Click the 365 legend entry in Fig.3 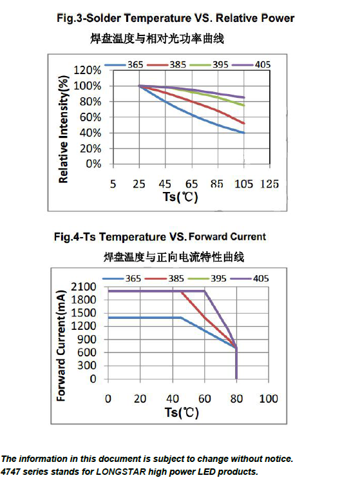(124, 64)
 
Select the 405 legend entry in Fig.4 (249, 278)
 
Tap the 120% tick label (88, 70)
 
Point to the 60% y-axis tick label (90, 117)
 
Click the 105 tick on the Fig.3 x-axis (243, 184)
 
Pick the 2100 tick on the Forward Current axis (84, 286)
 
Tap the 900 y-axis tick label (87, 339)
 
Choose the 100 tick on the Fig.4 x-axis (269, 399)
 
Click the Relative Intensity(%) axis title (63, 129)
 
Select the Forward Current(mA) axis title (61, 345)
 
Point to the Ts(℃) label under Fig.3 (180, 197)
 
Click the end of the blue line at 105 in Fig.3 (243, 133)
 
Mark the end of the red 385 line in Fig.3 (243, 123)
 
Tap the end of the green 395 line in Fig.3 (243, 105)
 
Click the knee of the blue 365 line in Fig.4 (181, 318)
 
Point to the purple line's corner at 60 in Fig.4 (204, 291)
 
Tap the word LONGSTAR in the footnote (121, 472)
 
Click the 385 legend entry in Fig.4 (165, 278)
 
